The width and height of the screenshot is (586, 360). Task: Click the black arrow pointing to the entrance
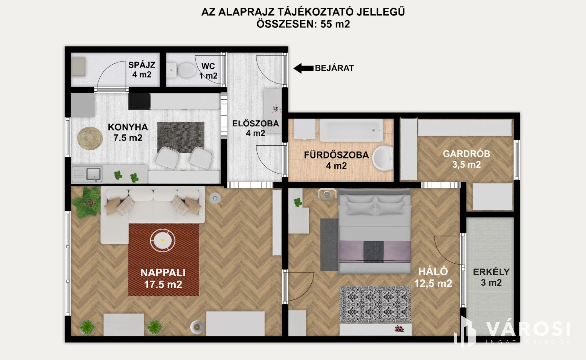(x=303, y=68)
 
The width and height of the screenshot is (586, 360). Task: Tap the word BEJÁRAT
(x=334, y=68)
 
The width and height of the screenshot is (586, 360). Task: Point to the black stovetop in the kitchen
(x=139, y=101)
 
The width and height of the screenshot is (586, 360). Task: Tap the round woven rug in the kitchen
(x=90, y=138)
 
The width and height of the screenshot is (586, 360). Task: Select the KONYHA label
(x=128, y=127)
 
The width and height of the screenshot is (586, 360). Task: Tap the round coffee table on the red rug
(x=163, y=241)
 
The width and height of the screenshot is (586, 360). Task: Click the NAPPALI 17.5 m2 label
(x=163, y=278)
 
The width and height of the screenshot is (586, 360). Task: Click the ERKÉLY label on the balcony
(x=491, y=272)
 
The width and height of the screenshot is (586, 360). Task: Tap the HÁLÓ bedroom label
(x=433, y=272)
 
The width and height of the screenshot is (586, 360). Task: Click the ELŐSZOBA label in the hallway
(x=255, y=123)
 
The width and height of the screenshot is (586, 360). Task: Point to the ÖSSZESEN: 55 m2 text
(x=303, y=24)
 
